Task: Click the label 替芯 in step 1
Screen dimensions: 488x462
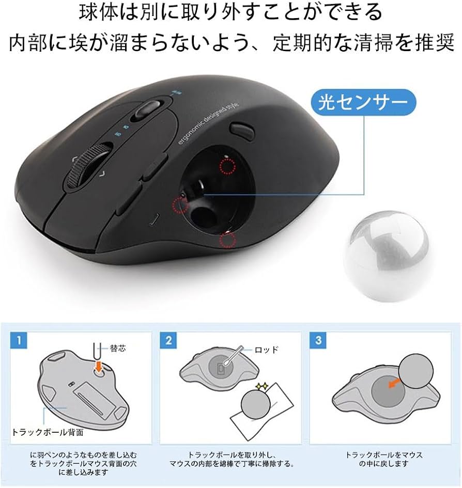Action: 117,349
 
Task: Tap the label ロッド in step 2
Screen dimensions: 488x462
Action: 267,350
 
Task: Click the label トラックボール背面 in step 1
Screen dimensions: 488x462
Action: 48,431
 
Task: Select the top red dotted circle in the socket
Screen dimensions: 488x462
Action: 226,166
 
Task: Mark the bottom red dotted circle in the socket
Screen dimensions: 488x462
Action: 227,239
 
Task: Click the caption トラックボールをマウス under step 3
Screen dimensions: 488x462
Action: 383,455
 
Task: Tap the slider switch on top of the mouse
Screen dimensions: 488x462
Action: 148,109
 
